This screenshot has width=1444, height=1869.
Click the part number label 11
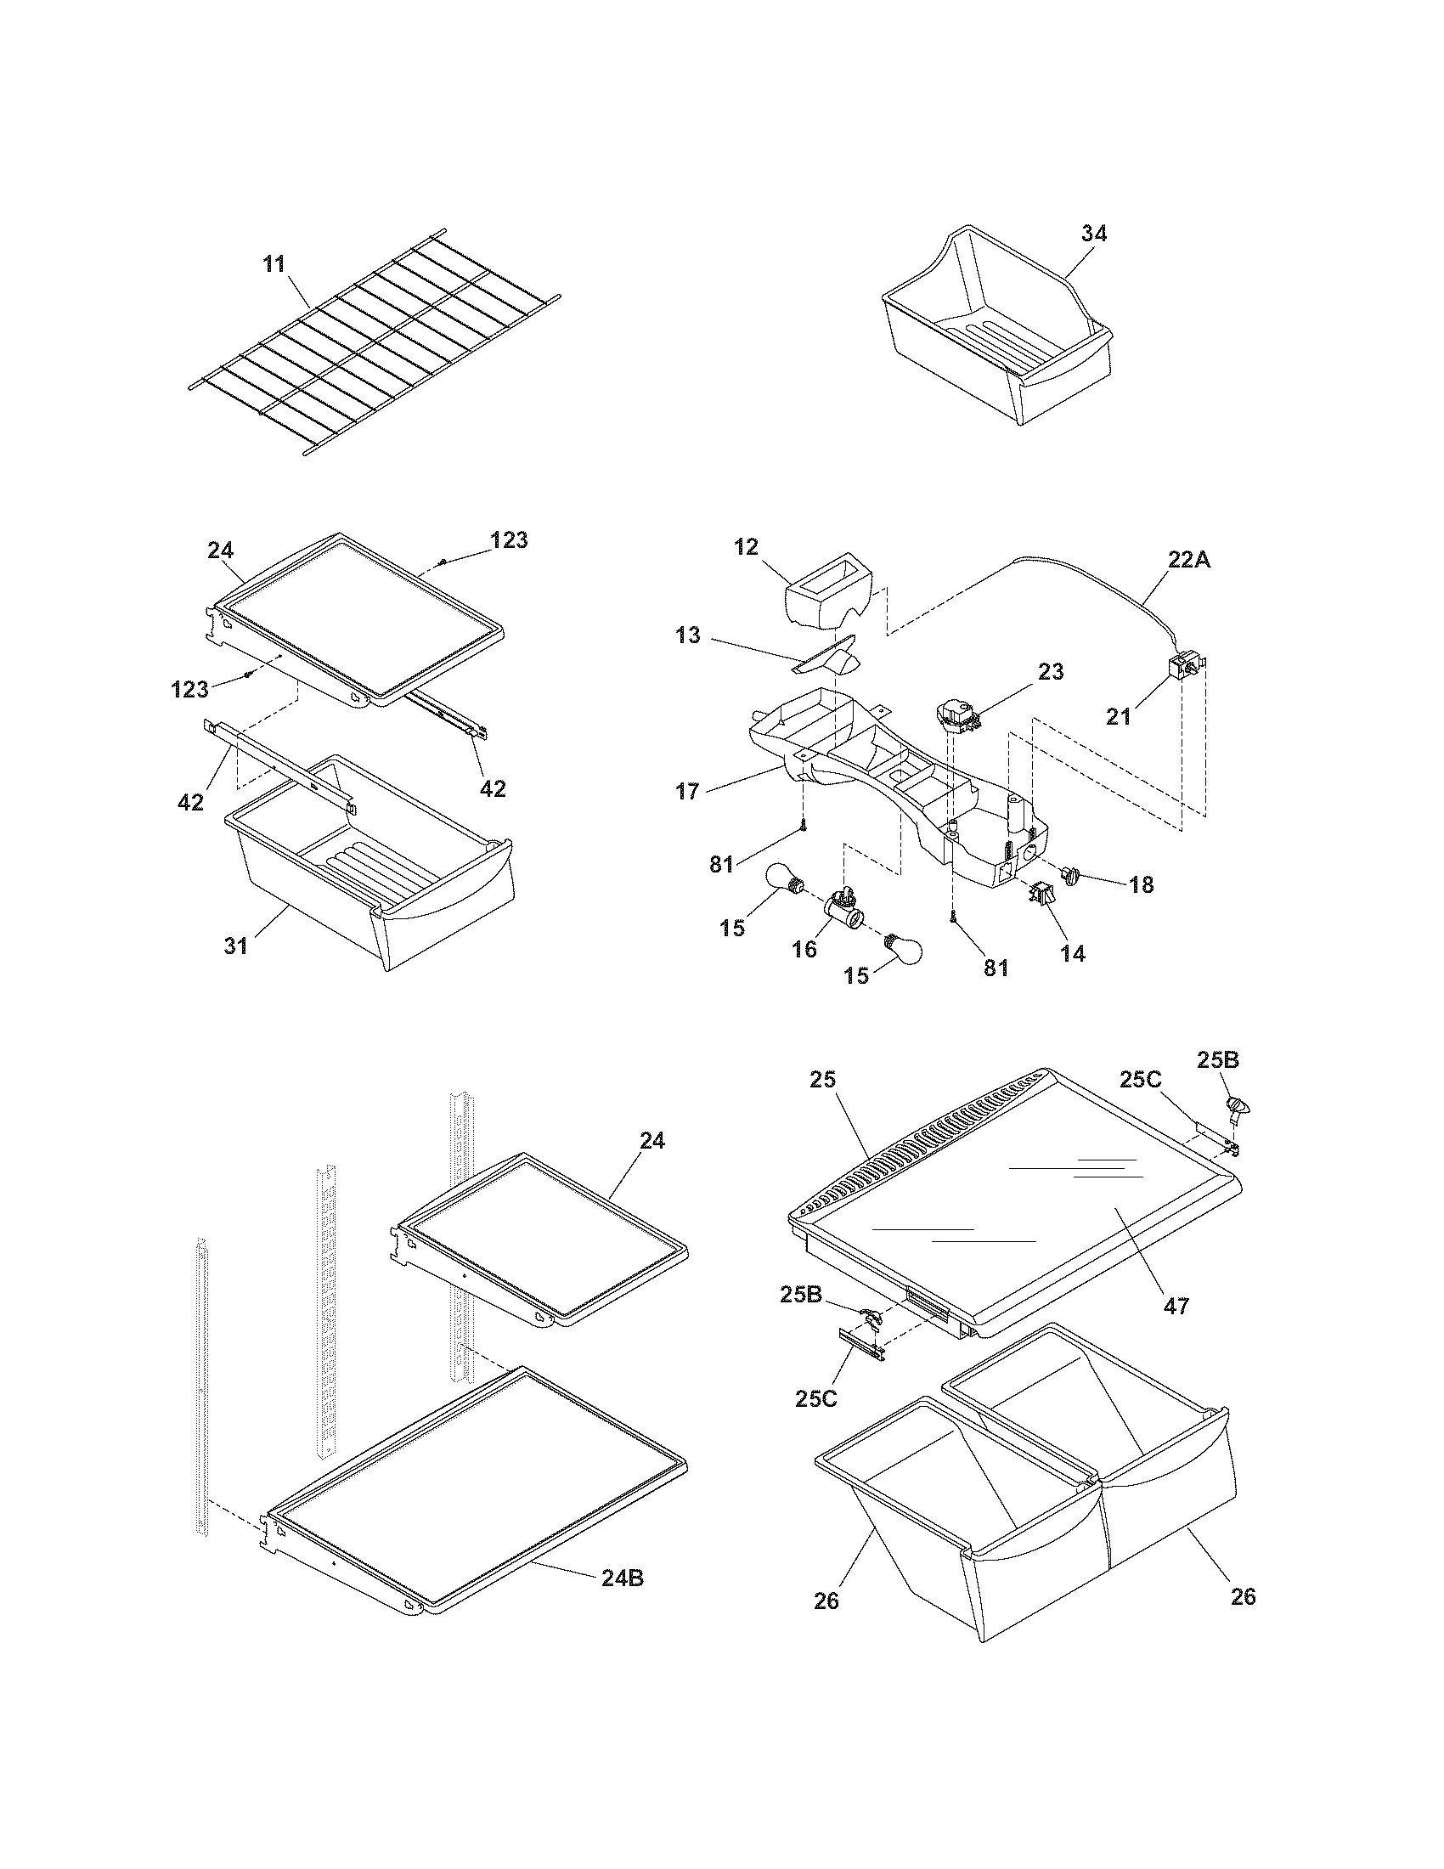274,263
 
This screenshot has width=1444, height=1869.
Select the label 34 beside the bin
1093,234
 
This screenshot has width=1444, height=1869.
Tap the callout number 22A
1190,560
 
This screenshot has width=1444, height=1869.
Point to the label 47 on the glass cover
1177,1306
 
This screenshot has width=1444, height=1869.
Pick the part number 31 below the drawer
235,946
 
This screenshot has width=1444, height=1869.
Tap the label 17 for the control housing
688,792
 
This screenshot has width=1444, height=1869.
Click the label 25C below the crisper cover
816,1398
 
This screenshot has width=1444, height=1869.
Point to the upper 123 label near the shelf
509,540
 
